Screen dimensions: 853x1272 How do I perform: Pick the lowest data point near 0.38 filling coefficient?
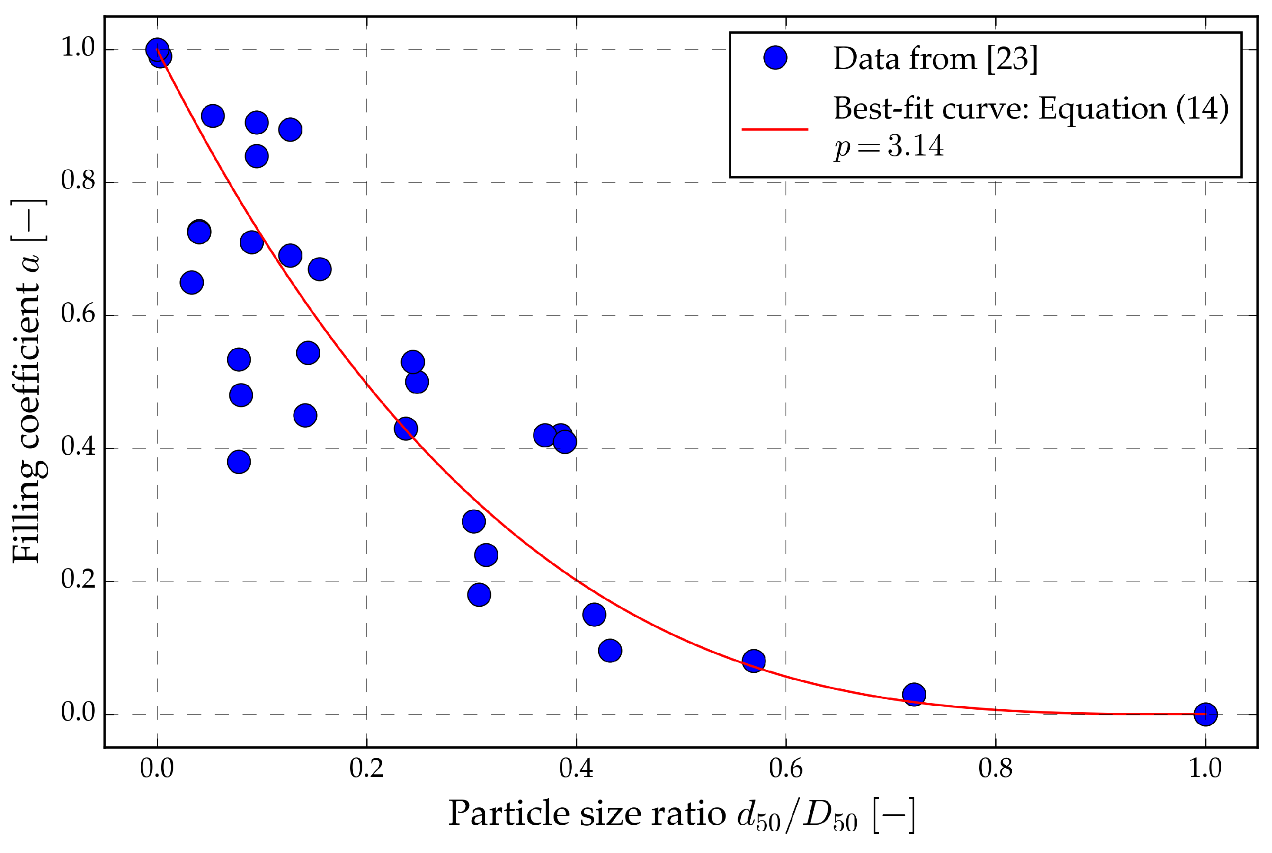point(239,462)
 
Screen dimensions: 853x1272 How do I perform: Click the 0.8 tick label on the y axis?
point(78,181)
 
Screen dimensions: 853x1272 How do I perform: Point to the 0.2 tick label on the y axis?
point(78,580)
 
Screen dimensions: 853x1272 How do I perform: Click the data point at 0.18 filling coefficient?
point(479,595)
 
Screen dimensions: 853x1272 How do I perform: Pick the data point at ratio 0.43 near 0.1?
point(610,651)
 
